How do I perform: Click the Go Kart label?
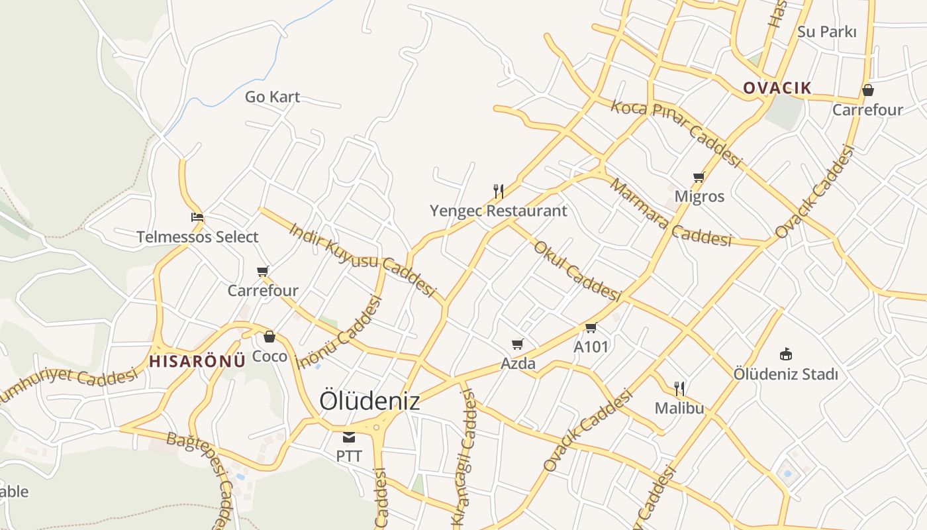pos(272,97)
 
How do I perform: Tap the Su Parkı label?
pos(827,32)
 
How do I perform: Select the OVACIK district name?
pos(777,87)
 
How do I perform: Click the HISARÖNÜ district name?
pos(197,361)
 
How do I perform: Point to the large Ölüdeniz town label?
pos(369,401)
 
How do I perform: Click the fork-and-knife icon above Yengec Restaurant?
pos(499,191)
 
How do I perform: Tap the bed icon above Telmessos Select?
pos(197,217)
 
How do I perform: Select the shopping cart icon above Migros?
pos(699,177)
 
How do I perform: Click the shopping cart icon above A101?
pos(591,327)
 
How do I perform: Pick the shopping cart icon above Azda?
pos(518,344)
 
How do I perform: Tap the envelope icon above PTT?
pos(349,437)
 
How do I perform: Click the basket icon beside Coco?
pos(269,337)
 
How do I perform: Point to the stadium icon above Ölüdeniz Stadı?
pos(786,354)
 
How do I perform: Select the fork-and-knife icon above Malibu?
pos(679,388)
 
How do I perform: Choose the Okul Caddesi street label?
pos(577,270)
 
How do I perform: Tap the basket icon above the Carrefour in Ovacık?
pos(867,90)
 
